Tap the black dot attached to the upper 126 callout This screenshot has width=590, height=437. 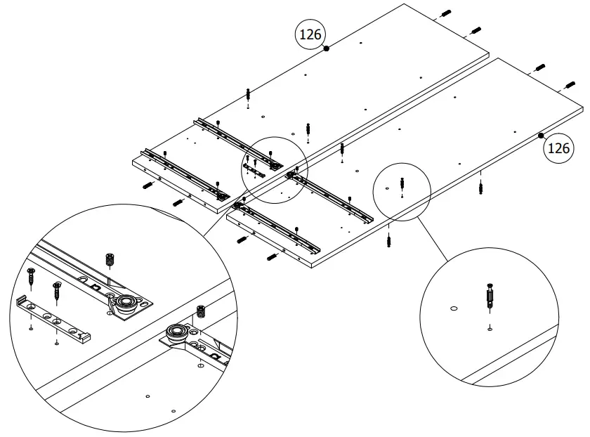[x=327, y=48]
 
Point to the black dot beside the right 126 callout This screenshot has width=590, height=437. [x=542, y=136]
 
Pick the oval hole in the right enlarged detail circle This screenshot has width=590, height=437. [x=453, y=308]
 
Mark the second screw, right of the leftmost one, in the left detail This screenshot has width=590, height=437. [x=57, y=289]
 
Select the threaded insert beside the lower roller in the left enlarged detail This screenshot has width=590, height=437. [x=202, y=311]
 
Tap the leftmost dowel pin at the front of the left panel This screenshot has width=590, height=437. [x=147, y=185]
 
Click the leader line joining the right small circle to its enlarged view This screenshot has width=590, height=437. [x=443, y=239]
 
